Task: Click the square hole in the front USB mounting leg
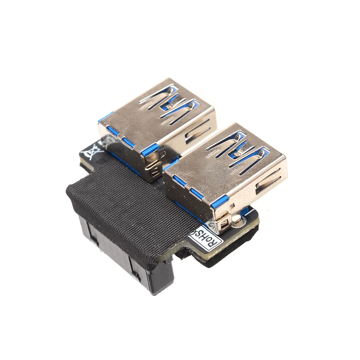pyautogui.click(x=224, y=225)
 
